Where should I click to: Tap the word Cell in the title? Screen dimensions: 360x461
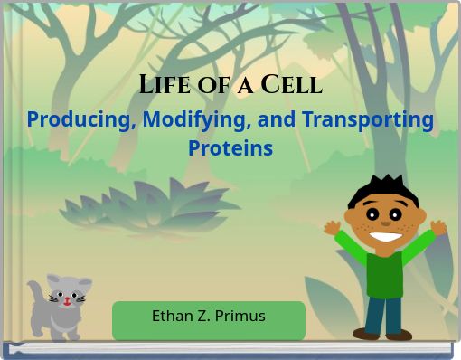[291, 85]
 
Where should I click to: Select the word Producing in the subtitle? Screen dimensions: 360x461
[79, 120]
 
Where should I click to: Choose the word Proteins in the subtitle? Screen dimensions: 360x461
[230, 147]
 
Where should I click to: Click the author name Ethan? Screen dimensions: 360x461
[172, 316]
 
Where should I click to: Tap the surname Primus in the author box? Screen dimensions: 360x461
[240, 316]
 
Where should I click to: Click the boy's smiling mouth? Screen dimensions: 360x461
[387, 237]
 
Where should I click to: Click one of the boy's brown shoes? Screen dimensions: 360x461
[366, 334]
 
